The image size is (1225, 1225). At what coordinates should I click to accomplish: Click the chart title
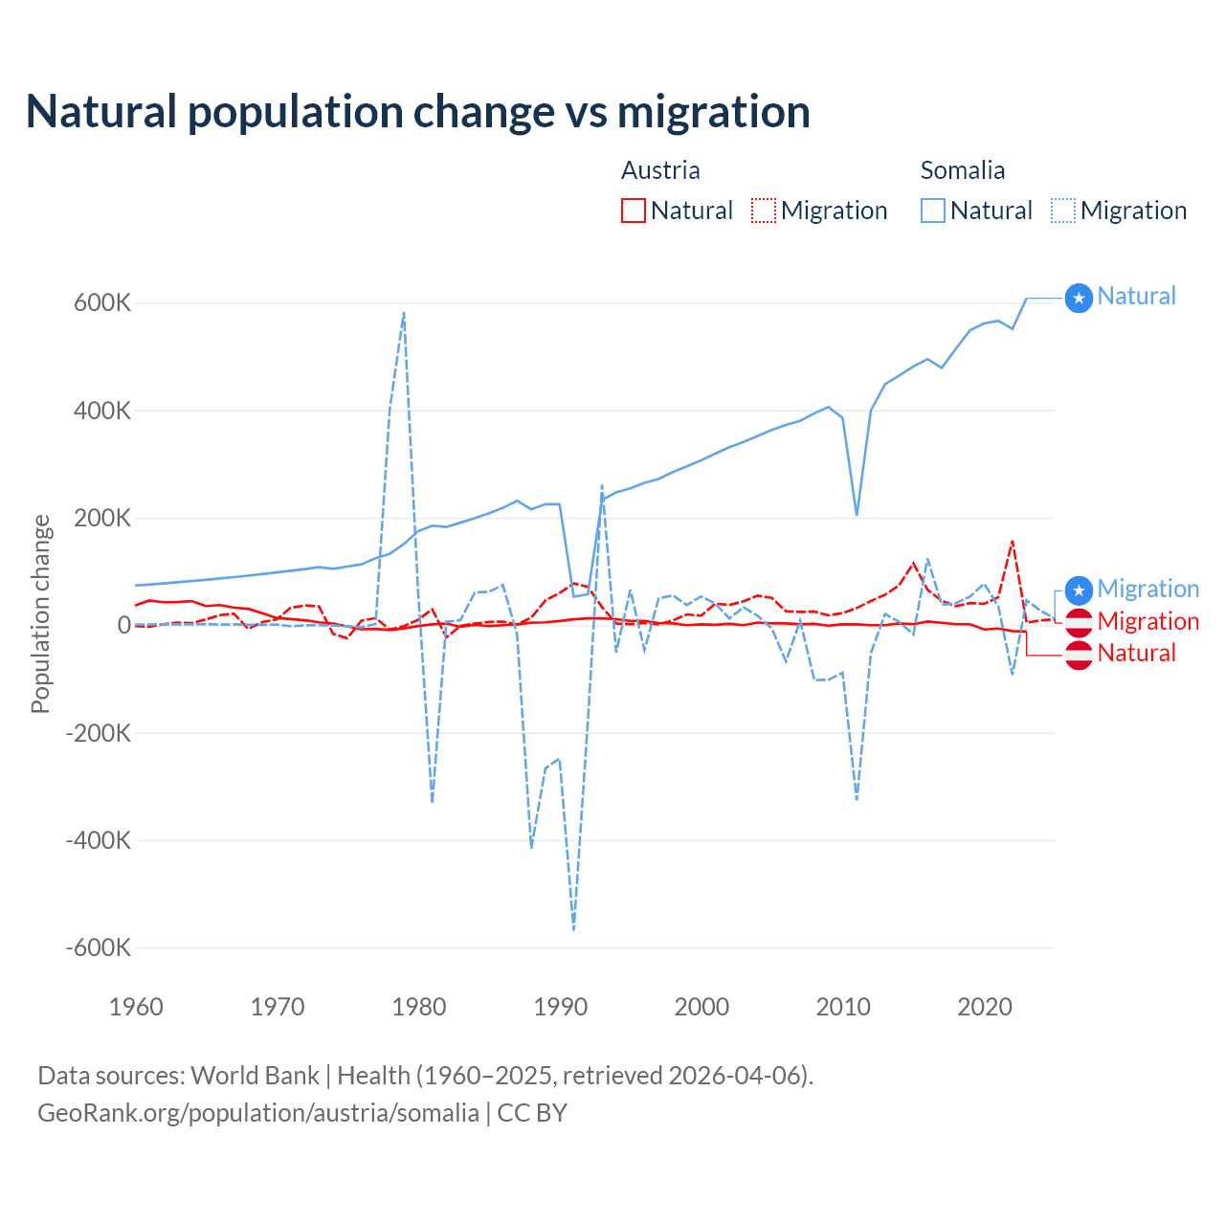coord(418,111)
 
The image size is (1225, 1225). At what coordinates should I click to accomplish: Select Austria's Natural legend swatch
coord(633,211)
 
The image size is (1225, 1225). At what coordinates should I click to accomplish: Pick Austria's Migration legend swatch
coord(764,211)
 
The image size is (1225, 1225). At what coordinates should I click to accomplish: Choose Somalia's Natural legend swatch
coord(932,211)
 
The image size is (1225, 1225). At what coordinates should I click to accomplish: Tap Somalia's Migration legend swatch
coord(1063,211)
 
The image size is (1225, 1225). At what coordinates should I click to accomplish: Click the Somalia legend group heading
coord(962,170)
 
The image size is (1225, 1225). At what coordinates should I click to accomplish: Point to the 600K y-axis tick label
coord(102,303)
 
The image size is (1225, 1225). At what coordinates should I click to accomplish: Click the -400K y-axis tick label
coord(99,840)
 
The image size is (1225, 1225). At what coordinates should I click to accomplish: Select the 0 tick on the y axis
coord(123,625)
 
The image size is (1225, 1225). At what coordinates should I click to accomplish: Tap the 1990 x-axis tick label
coord(560,1007)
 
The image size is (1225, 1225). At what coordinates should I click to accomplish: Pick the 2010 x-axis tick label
coord(843,1007)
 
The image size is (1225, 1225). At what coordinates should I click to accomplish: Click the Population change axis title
coord(40,613)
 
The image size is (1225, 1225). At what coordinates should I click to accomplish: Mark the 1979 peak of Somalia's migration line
coord(404,312)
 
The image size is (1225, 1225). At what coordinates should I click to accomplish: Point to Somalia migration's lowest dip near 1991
coord(573,929)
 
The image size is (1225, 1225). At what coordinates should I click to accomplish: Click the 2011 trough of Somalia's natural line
coord(857,515)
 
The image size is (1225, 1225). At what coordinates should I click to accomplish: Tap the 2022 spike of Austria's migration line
coord(1012,542)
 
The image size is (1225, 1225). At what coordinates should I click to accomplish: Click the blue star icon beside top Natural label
coord(1079,299)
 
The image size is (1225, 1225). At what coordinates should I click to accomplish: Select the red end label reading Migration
coord(1147,621)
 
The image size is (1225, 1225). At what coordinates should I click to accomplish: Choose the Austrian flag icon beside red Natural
coord(1079,655)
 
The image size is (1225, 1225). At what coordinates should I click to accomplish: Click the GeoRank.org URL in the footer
coord(258,1113)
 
